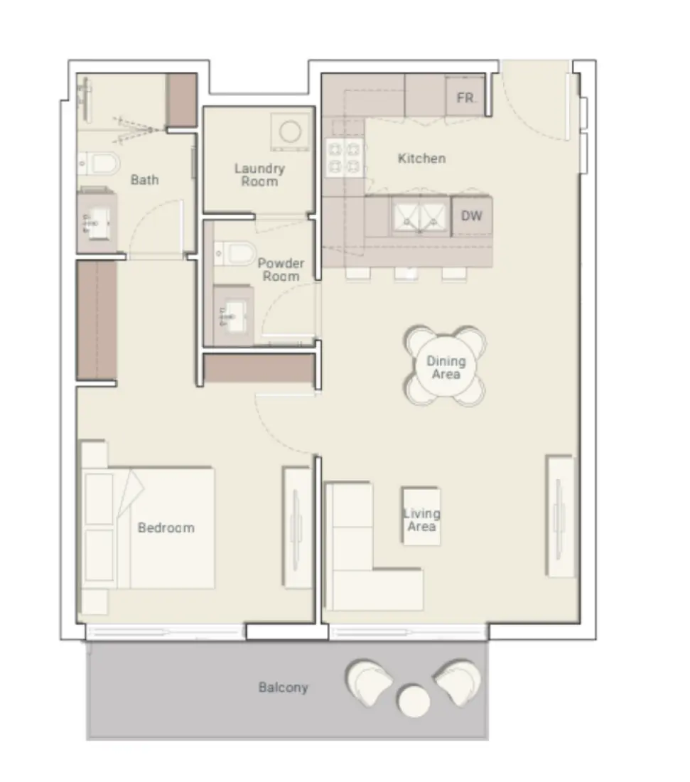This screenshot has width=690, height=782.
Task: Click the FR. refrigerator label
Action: (x=466, y=98)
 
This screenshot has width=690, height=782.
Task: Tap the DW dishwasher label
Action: (x=471, y=215)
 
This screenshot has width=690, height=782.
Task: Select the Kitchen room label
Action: (x=421, y=158)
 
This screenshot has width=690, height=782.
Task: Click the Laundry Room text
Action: (x=259, y=175)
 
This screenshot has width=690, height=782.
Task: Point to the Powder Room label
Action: (x=281, y=269)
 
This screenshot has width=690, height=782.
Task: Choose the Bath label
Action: (x=144, y=180)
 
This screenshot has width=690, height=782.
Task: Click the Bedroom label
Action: (x=166, y=527)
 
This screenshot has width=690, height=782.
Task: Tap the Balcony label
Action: (x=283, y=687)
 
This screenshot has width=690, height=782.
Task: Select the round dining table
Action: (x=446, y=367)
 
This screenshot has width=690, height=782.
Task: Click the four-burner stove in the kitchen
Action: (x=343, y=158)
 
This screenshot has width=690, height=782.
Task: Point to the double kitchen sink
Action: (x=419, y=215)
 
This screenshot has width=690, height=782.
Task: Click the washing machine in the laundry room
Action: (x=289, y=132)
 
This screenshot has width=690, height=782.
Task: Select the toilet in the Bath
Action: (x=100, y=164)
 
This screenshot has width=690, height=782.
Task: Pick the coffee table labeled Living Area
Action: (x=421, y=516)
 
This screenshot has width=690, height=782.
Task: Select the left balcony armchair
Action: (x=369, y=682)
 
